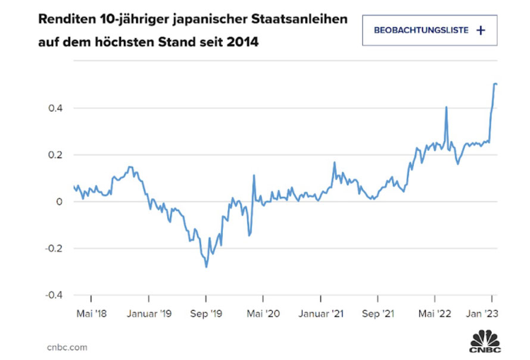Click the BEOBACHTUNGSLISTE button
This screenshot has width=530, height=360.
(x=429, y=30)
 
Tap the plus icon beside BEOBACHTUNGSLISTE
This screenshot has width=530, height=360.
(x=481, y=30)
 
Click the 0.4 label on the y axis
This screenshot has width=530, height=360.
(x=55, y=108)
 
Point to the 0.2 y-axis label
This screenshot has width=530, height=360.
(x=55, y=155)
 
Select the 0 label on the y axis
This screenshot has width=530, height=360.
(x=60, y=201)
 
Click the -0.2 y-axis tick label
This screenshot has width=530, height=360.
(x=54, y=249)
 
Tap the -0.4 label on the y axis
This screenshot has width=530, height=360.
(x=54, y=295)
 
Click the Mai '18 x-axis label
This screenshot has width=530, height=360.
(x=91, y=314)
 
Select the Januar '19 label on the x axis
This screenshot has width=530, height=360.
(x=149, y=314)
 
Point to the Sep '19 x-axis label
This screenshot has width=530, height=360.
(x=206, y=314)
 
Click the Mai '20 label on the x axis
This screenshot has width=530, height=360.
(x=263, y=314)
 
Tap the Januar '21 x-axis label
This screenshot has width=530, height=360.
(x=321, y=314)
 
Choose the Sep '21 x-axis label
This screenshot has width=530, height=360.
(x=378, y=314)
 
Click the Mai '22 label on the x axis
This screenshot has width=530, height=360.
(x=435, y=314)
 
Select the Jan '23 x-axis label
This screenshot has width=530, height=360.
(x=482, y=314)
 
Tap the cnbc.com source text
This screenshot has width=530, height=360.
(x=67, y=347)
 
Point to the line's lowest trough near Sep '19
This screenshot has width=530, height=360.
(x=206, y=267)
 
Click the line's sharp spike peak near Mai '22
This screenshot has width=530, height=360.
(x=446, y=107)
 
